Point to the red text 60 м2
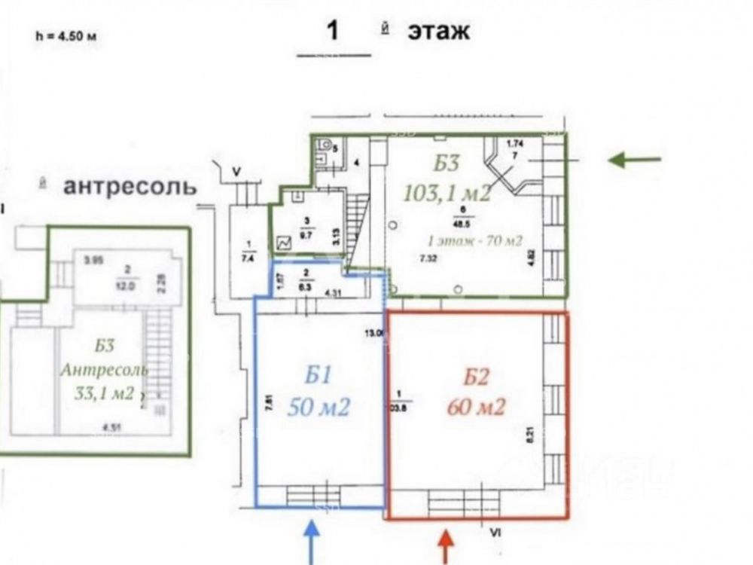(475, 408)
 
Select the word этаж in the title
(438, 32)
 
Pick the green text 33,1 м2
(104, 392)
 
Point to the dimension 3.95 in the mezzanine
(93, 260)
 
